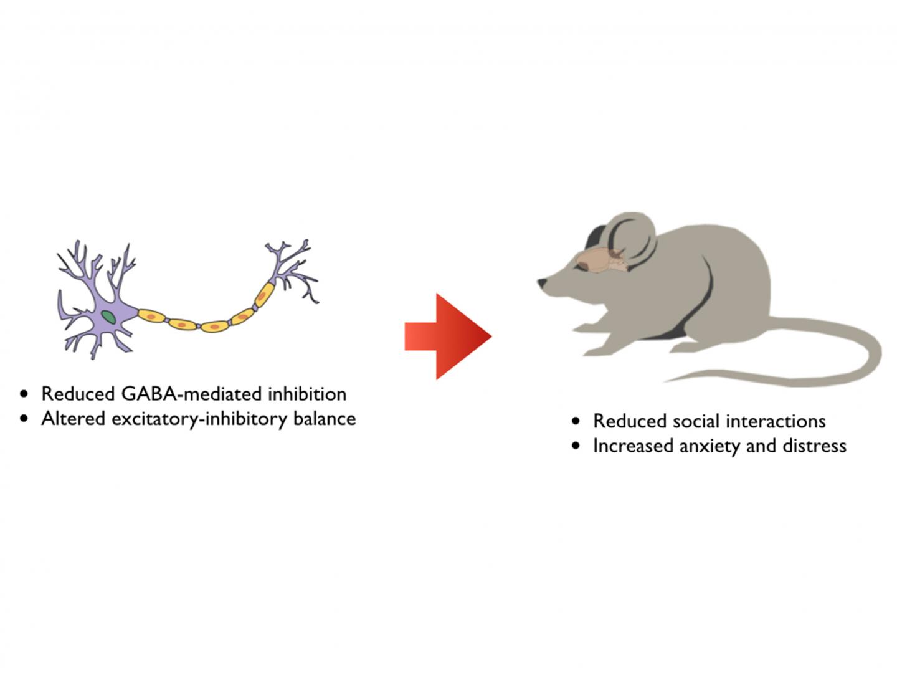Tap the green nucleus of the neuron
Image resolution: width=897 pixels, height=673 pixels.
point(109,317)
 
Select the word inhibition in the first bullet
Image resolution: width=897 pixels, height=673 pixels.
point(306,394)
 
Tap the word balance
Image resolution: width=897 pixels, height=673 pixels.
point(325,419)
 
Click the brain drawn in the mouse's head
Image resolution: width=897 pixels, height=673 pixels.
point(601,259)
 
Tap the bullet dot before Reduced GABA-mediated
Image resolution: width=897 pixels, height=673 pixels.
point(24,394)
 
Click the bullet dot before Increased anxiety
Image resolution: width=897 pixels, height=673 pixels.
point(576,447)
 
